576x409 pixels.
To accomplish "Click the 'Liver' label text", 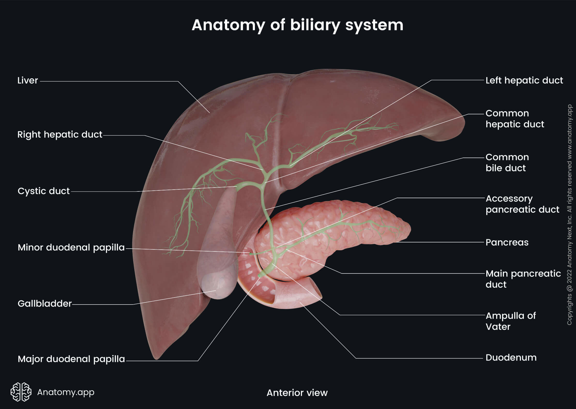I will click(27, 80).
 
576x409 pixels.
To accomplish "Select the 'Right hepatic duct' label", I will click(60, 135).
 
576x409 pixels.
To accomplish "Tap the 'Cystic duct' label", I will click(43, 191).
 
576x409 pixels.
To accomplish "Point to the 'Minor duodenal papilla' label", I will click(71, 248).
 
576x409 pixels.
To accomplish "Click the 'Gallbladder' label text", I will click(44, 303).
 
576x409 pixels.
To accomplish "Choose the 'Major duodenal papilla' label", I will click(71, 359).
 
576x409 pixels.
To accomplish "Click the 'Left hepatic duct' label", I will click(524, 80).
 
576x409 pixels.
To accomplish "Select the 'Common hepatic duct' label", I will click(514, 119).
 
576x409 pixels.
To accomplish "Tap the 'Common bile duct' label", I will click(507, 162).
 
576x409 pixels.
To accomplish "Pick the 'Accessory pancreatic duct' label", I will click(522, 204).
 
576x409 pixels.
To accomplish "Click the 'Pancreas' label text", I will click(507, 242).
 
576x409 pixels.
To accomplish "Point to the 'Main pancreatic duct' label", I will click(523, 279).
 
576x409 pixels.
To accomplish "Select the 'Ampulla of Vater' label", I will click(511, 321).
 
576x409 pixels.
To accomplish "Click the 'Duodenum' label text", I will click(511, 358).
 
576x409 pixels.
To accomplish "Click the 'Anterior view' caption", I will click(297, 393).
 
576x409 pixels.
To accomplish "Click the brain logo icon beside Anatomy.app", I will click(21, 392).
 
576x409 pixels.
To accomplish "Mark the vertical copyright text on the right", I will click(570, 215).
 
